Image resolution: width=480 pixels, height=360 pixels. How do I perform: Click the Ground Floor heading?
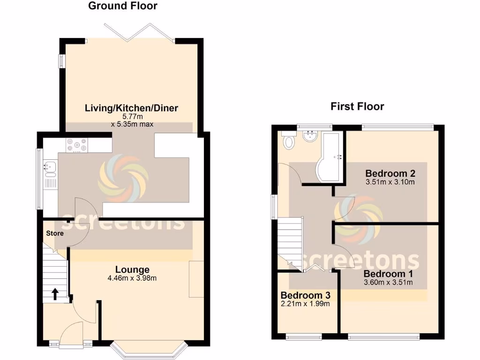(x=123, y=6)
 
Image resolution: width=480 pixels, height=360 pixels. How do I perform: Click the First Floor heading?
(x=357, y=106)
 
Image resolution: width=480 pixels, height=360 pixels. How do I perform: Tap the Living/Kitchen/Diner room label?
(x=131, y=108)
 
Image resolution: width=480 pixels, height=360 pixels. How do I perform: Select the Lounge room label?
(x=132, y=270)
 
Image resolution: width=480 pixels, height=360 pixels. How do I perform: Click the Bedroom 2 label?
(x=390, y=172)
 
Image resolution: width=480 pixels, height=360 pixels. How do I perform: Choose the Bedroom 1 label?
(x=388, y=274)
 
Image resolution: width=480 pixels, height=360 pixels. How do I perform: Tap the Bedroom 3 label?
(x=306, y=295)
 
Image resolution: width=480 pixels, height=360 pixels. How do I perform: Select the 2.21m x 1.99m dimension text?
(x=306, y=304)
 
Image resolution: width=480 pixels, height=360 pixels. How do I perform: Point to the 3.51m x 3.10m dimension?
(x=390, y=181)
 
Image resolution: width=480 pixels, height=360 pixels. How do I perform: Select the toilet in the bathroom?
(x=288, y=141)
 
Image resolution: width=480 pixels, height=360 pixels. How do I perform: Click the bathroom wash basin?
(x=310, y=137)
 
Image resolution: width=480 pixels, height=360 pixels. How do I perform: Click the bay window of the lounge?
(x=149, y=349)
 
